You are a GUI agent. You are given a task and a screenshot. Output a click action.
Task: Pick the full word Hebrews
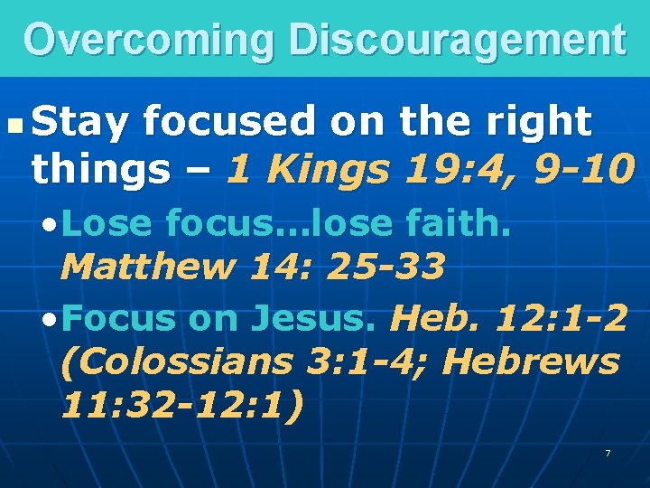point(533,361)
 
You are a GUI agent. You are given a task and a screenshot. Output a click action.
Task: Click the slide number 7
point(608,452)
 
